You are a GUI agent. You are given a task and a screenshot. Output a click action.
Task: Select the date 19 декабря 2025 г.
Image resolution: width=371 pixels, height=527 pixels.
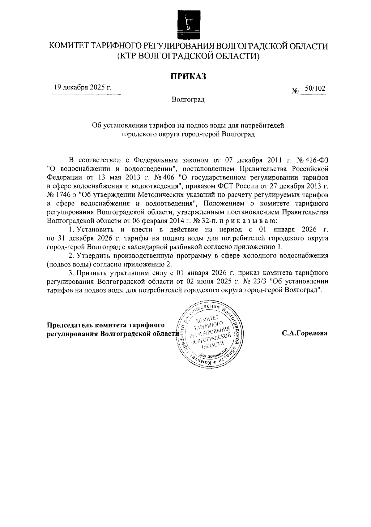pyautogui.click(x=83, y=87)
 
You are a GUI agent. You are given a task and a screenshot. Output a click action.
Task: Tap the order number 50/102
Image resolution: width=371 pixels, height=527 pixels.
pyautogui.click(x=315, y=89)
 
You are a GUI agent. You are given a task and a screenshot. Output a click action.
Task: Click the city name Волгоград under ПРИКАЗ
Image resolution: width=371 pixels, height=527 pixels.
pyautogui.click(x=188, y=100)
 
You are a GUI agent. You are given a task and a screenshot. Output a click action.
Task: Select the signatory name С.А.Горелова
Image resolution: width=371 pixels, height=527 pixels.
pyautogui.click(x=304, y=333)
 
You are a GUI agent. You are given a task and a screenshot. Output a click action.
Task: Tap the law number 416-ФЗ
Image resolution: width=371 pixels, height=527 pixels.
pyautogui.click(x=316, y=160)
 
